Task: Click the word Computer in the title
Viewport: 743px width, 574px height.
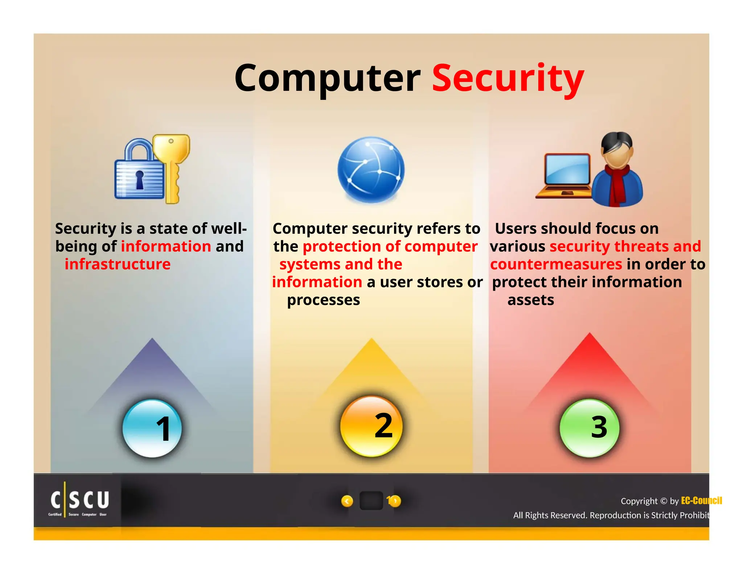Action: pos(327,78)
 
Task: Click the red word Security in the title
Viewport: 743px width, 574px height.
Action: pos(508,78)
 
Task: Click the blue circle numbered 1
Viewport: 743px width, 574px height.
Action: pos(152,428)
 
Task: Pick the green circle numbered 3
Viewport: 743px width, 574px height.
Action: pos(590,427)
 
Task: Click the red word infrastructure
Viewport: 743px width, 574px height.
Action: pos(118,264)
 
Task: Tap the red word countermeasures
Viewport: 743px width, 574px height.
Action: pos(556,264)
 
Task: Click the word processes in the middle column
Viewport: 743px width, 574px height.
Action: pos(323,300)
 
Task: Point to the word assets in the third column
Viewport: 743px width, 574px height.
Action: pos(530,300)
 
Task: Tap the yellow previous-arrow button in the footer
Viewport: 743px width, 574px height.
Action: pos(347,501)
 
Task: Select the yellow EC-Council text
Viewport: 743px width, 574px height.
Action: pos(701,501)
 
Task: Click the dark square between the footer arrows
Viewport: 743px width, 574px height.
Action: pos(371,501)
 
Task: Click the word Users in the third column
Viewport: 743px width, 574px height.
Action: pos(515,229)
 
